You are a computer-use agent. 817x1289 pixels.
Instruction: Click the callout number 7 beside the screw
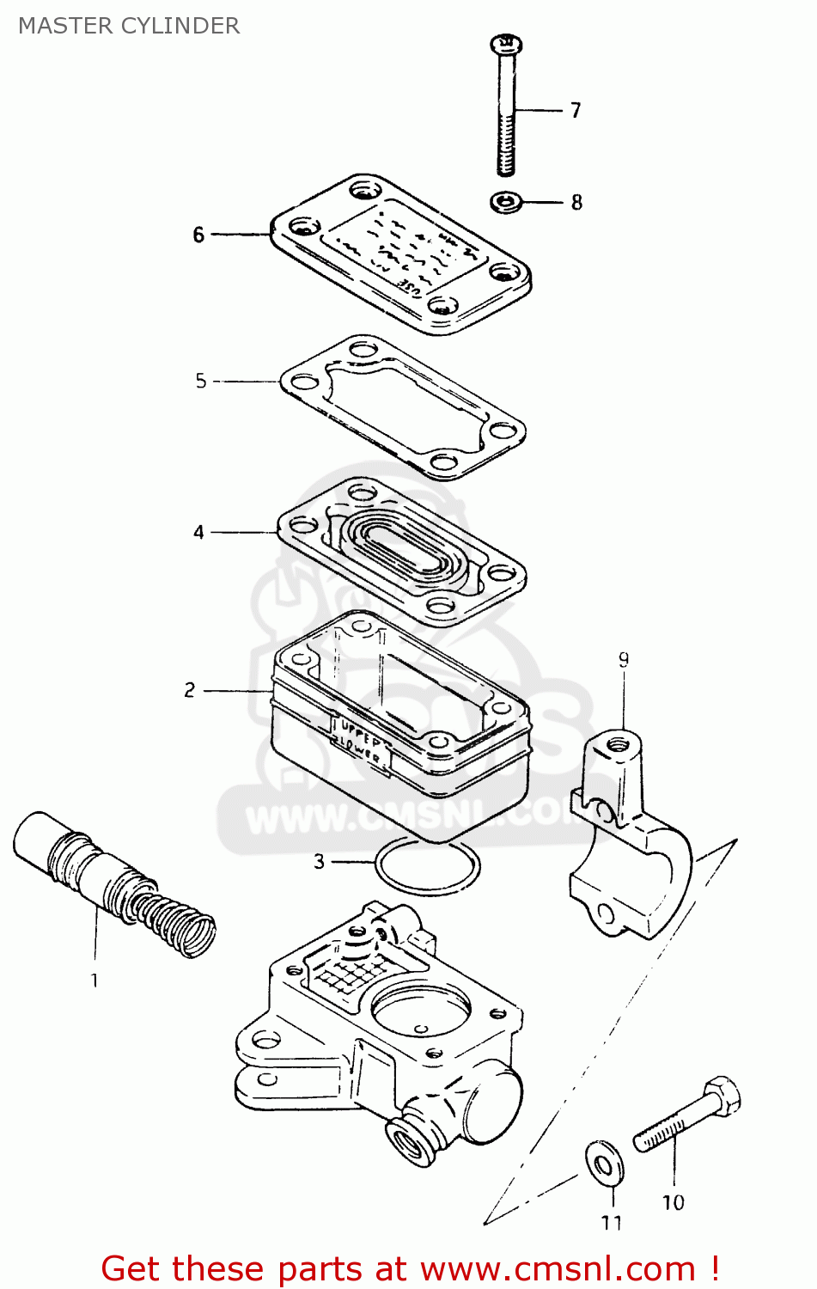pyautogui.click(x=576, y=111)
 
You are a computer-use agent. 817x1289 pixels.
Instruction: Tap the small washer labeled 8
pyautogui.click(x=507, y=203)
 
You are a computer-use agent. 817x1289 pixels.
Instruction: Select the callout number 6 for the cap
pyautogui.click(x=198, y=235)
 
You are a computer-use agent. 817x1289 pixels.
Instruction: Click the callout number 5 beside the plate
pyautogui.click(x=201, y=381)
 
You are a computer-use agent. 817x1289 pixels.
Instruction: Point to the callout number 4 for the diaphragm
pyautogui.click(x=198, y=533)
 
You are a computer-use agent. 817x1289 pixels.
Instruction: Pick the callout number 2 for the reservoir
pyautogui.click(x=189, y=690)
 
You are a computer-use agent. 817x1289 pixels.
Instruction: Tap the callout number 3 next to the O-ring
pyautogui.click(x=320, y=861)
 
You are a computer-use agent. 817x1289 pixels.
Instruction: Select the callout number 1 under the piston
pyautogui.click(x=95, y=980)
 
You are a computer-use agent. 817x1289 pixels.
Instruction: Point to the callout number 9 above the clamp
pyautogui.click(x=624, y=660)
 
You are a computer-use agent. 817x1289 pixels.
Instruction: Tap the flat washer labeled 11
pyautogui.click(x=604, y=1164)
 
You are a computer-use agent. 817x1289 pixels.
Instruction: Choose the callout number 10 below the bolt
pyautogui.click(x=673, y=1203)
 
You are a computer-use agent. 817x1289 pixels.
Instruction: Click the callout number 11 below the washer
pyautogui.click(x=611, y=1223)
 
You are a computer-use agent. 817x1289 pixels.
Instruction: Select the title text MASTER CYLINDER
pyautogui.click(x=129, y=26)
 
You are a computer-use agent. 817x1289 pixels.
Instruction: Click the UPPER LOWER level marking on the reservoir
pyautogui.click(x=361, y=739)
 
